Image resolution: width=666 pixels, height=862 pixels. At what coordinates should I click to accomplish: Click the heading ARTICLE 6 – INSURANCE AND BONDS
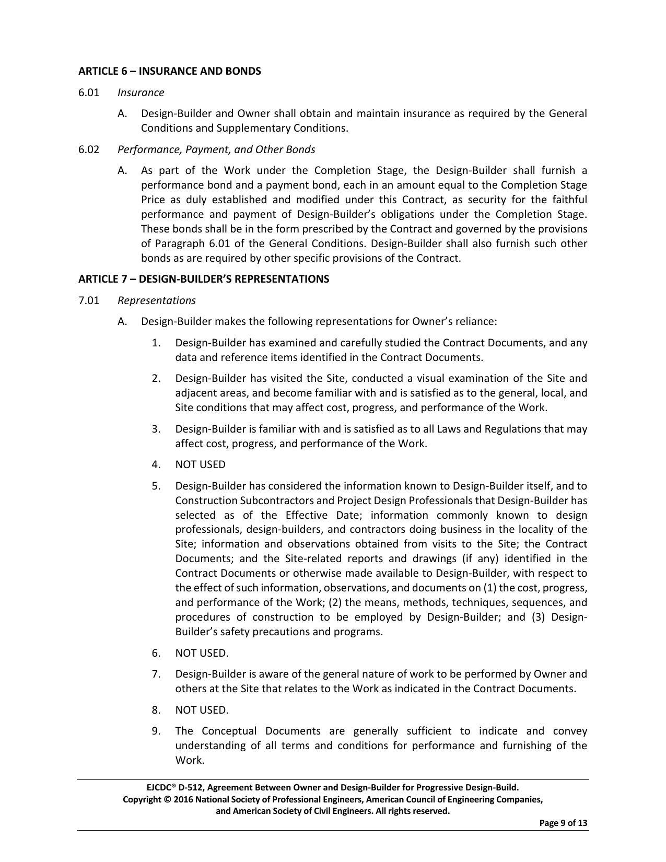click(x=169, y=71)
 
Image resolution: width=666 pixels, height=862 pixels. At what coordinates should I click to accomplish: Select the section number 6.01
click(x=88, y=92)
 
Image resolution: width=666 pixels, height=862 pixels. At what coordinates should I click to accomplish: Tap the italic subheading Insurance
click(x=141, y=92)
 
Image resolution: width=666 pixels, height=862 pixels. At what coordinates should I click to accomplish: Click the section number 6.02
click(x=88, y=149)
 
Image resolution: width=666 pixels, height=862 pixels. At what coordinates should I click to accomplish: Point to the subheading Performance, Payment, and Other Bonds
click(x=216, y=149)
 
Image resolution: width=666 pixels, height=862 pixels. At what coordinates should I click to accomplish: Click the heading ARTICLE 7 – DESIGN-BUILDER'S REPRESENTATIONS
click(x=204, y=279)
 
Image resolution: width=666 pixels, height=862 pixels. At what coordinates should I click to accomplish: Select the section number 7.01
click(x=88, y=300)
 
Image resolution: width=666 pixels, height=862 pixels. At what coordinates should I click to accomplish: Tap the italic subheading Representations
click(x=156, y=300)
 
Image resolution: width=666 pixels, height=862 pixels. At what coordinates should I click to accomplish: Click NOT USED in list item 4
click(x=200, y=464)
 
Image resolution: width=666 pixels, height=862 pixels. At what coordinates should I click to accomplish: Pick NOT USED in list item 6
click(x=201, y=653)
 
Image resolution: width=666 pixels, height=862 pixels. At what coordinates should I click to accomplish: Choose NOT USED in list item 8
click(x=201, y=710)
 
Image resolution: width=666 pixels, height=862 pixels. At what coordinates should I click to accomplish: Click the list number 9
click(x=156, y=731)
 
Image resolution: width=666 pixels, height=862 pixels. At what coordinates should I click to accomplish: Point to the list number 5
click(x=156, y=486)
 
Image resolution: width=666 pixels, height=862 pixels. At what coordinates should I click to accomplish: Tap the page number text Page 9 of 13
click(x=563, y=823)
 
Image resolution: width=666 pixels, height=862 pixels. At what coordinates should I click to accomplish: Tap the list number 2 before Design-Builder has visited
click(x=156, y=378)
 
